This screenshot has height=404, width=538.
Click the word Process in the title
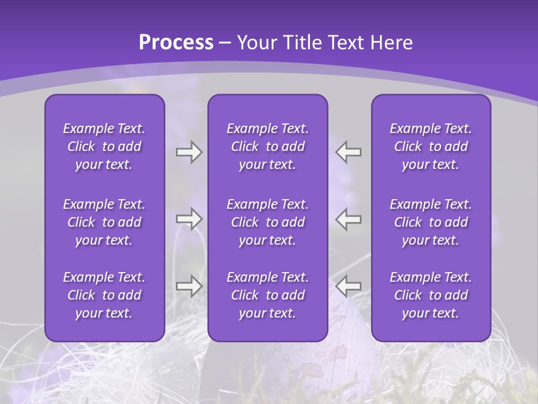pyautogui.click(x=175, y=43)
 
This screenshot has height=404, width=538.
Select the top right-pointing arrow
pyautogui.click(x=189, y=152)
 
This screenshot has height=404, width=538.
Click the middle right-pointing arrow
pyautogui.click(x=189, y=219)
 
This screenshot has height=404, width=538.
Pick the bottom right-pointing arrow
pyautogui.click(x=189, y=286)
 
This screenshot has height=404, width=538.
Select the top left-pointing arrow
pyautogui.click(x=349, y=152)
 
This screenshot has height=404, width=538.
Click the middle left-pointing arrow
pyautogui.click(x=349, y=219)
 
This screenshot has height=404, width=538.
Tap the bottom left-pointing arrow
pyautogui.click(x=349, y=286)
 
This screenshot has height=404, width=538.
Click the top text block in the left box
pyautogui.click(x=104, y=146)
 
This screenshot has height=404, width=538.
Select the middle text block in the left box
pyautogui.click(x=104, y=222)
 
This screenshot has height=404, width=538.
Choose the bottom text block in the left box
pyautogui.click(x=104, y=295)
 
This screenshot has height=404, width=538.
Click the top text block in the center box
pyautogui.click(x=268, y=146)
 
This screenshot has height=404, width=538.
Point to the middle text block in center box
pyautogui.click(x=268, y=222)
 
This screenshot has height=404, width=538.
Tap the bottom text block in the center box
pyautogui.click(x=268, y=295)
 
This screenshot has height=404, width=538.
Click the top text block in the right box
pyautogui.click(x=431, y=146)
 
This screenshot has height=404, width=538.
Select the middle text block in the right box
pyautogui.click(x=431, y=222)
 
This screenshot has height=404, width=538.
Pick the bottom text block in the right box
pyautogui.click(x=431, y=295)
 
